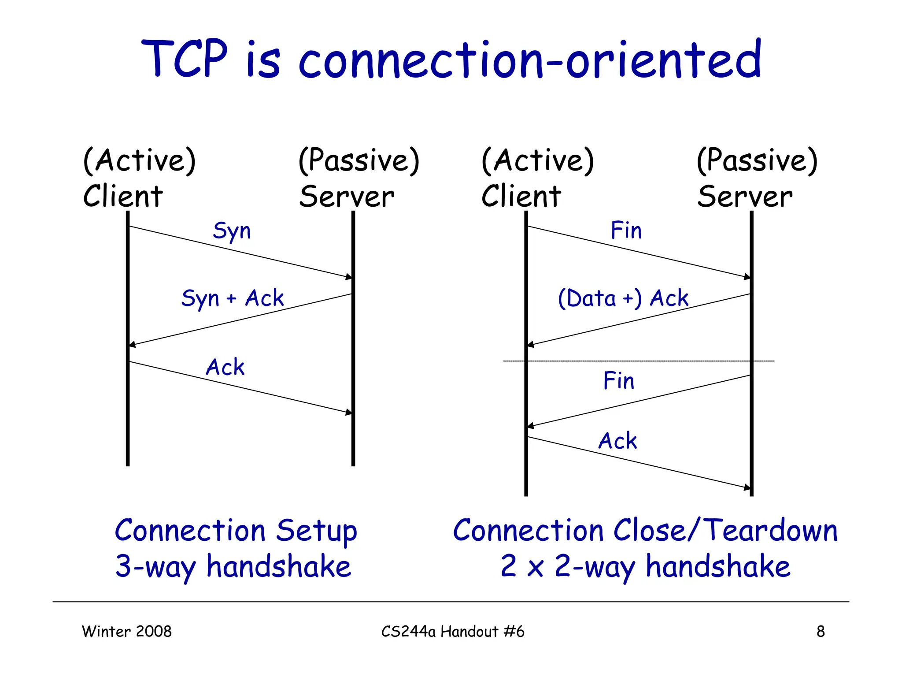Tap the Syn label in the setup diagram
pyautogui.click(x=232, y=231)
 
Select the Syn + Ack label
pyautogui.click(x=233, y=298)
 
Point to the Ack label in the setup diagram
pyautogui.click(x=225, y=367)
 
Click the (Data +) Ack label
pyautogui.click(x=623, y=298)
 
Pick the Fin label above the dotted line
pyautogui.click(x=626, y=231)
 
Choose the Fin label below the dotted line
pyautogui.click(x=618, y=381)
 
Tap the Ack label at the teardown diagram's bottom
pyautogui.click(x=617, y=441)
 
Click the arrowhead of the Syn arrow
pyautogui.click(x=349, y=277)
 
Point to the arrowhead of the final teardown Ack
pyautogui.click(x=747, y=487)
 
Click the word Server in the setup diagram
pyautogui.click(x=347, y=197)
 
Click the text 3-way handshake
pyautogui.click(x=233, y=567)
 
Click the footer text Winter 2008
pyautogui.click(x=127, y=632)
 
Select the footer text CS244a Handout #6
pyautogui.click(x=453, y=632)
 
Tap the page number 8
pyautogui.click(x=821, y=632)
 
